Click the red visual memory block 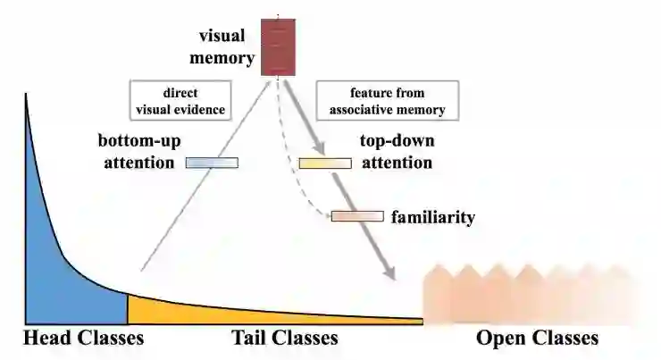point(277,46)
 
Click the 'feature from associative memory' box point(387,101)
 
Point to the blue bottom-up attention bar point(212,163)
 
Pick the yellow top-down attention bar point(325,163)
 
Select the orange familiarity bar point(357,216)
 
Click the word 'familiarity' point(432,216)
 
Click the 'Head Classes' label point(83,339)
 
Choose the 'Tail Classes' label point(285,339)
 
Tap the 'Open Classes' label point(537,339)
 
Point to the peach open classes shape point(527,295)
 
